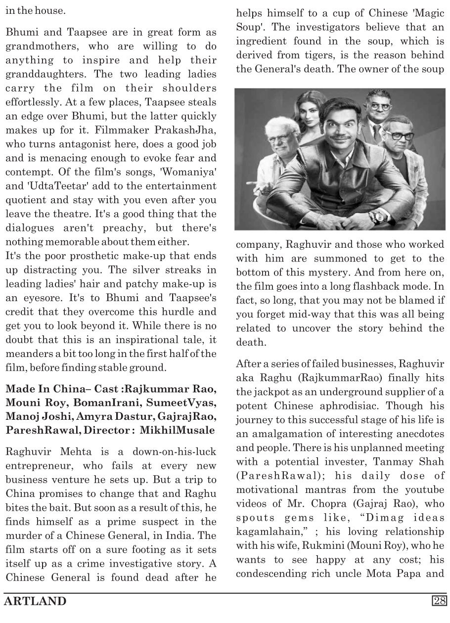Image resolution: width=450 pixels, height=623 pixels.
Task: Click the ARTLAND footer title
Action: [35, 601]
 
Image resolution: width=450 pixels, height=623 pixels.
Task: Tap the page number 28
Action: [439, 601]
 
